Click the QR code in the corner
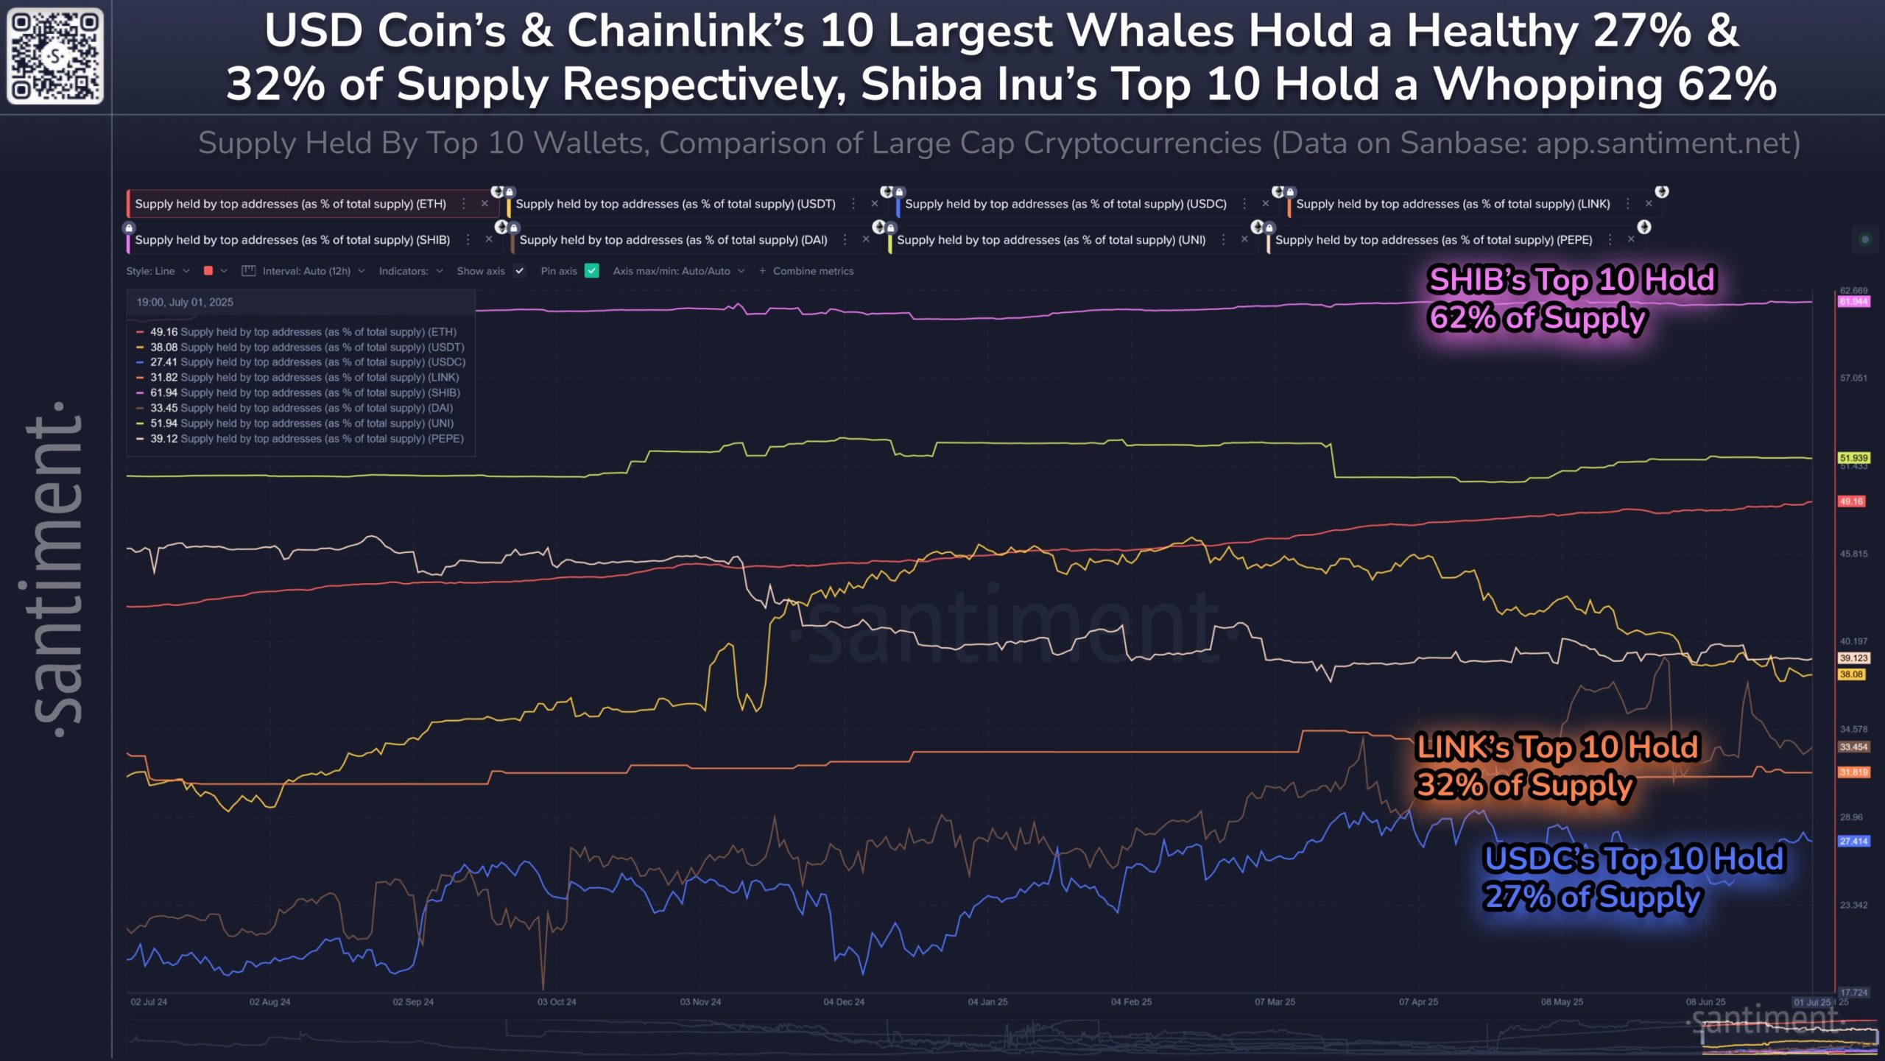55,56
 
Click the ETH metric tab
290,204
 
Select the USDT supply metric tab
675,204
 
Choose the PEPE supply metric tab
1433,240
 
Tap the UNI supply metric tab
1051,240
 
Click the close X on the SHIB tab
489,240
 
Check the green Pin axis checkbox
592,271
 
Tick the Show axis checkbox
520,271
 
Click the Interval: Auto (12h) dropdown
306,271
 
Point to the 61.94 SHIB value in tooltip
163,393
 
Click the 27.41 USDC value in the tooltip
163,362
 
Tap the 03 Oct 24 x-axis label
557,1002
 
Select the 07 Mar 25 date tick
1275,1002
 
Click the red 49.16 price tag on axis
1851,502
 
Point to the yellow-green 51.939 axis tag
1853,458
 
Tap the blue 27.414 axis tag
1853,842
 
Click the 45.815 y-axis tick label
1853,554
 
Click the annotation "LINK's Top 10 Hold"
1557,747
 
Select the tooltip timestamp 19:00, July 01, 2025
185,303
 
